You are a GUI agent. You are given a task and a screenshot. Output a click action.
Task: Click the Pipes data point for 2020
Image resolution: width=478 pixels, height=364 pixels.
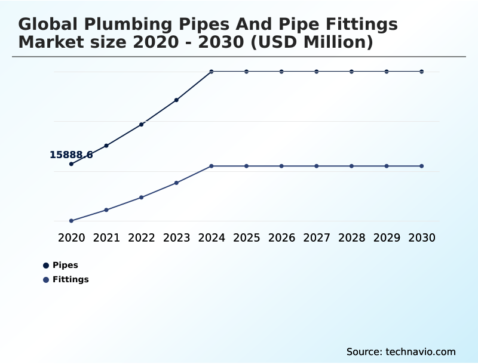click(x=71, y=164)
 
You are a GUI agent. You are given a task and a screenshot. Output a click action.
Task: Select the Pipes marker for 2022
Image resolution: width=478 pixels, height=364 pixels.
click(x=142, y=124)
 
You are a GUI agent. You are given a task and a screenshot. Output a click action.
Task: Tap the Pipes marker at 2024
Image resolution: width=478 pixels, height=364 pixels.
click(x=212, y=72)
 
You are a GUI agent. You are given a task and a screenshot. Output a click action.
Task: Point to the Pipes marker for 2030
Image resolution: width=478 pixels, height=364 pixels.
click(x=422, y=72)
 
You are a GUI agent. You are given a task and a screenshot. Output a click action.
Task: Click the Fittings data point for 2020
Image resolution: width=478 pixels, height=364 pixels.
click(x=71, y=221)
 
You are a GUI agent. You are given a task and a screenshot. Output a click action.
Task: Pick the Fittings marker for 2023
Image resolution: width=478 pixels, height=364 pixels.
click(x=177, y=183)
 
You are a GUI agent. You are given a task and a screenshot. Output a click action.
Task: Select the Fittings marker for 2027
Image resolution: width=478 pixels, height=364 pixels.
click(x=317, y=166)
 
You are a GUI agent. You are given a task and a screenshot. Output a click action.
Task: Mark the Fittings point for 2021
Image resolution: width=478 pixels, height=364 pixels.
click(x=106, y=210)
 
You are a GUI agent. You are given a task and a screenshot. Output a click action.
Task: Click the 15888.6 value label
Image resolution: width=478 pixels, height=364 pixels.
click(x=71, y=155)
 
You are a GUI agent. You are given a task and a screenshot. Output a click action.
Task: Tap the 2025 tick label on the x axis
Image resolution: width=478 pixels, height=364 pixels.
click(x=246, y=237)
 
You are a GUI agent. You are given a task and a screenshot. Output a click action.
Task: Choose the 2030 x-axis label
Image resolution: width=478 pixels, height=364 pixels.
click(x=422, y=237)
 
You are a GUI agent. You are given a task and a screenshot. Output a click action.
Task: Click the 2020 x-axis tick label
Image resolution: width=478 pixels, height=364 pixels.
click(x=71, y=237)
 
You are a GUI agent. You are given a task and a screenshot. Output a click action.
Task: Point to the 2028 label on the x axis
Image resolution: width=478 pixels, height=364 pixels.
click(x=351, y=237)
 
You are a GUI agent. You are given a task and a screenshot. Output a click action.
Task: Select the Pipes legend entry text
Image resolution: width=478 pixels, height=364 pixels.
click(x=65, y=265)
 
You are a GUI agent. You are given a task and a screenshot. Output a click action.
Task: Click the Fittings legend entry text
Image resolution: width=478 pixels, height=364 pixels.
click(x=71, y=279)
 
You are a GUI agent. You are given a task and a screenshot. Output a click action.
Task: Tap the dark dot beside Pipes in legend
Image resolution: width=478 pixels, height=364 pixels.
click(x=46, y=265)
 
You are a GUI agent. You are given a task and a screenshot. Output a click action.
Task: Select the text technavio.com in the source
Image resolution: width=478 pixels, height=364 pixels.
click(x=421, y=351)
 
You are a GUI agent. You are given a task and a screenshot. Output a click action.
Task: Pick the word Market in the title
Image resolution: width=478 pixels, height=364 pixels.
click(x=51, y=42)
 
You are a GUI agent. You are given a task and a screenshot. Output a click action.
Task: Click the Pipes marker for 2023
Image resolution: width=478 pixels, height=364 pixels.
click(x=177, y=100)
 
